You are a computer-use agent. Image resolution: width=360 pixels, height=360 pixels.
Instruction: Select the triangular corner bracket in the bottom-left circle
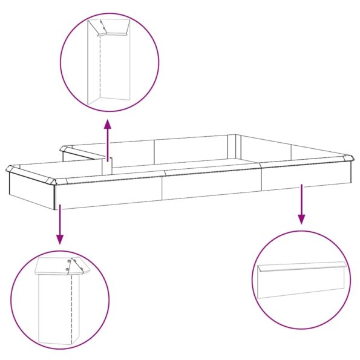click(76, 266)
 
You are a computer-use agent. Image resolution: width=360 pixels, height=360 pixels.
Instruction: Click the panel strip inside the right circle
click(301, 280)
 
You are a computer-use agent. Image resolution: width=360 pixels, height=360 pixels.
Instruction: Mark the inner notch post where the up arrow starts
click(108, 166)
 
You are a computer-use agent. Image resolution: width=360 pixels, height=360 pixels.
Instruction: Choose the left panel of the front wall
click(109, 193)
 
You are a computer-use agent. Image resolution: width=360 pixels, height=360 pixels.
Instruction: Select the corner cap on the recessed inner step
click(63, 148)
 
